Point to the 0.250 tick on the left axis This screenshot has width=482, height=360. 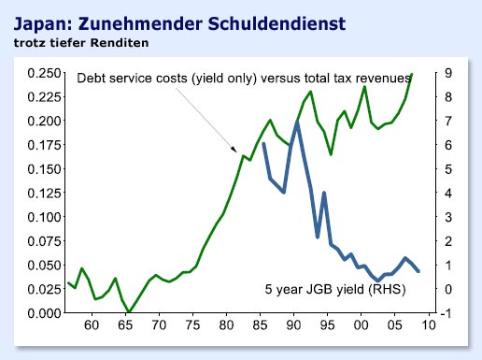[x=40, y=73]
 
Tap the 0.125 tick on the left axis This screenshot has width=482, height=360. [x=40, y=193]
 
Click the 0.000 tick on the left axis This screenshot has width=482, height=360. [x=40, y=312]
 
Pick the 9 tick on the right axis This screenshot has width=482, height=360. [x=450, y=73]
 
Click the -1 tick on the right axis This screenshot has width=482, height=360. [x=450, y=312]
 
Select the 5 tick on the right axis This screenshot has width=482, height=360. [x=450, y=168]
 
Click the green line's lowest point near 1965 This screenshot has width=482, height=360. [x=131, y=311]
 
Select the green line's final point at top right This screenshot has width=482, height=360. [x=412, y=74]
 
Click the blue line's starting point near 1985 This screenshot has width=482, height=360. [x=263, y=143]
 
